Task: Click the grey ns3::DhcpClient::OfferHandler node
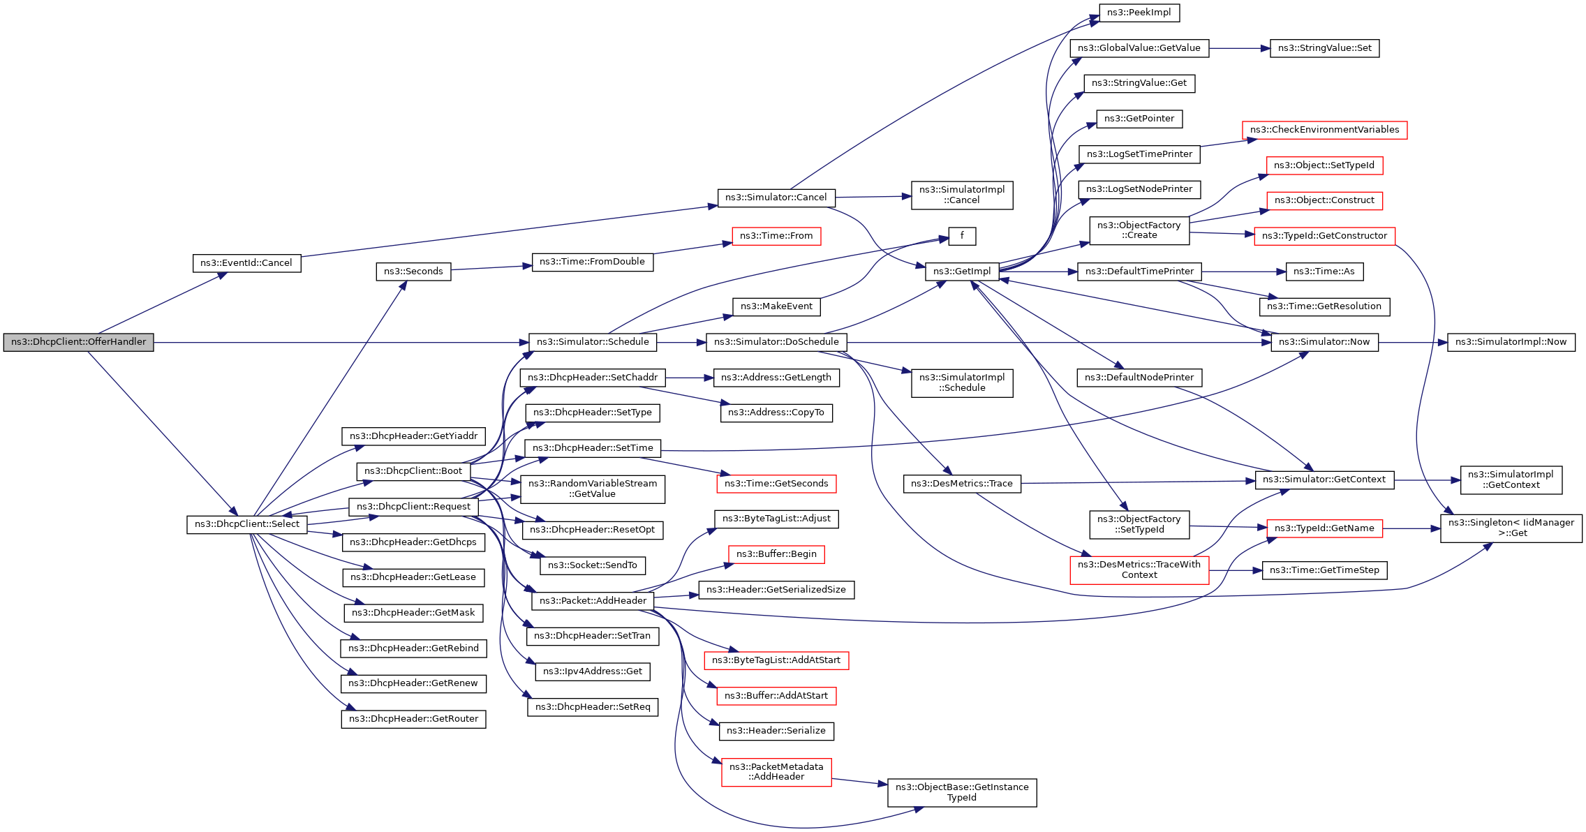(x=78, y=342)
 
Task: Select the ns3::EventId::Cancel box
(x=246, y=263)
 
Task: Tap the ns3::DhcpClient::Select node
(x=247, y=524)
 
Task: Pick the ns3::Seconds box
(x=413, y=272)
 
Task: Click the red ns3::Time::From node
(x=776, y=236)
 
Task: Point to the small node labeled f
(x=962, y=236)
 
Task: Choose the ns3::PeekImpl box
(x=1139, y=13)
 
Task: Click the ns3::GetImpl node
(x=962, y=272)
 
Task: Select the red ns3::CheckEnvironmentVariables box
(x=1325, y=130)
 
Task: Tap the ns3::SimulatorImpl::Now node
(x=1511, y=342)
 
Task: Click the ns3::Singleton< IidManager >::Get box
(x=1511, y=528)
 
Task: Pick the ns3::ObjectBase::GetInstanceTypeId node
(x=962, y=793)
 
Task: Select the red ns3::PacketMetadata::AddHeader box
(x=776, y=772)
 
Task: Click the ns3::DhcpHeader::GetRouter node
(x=413, y=719)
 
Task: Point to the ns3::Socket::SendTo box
(x=593, y=565)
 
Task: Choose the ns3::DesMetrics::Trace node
(x=962, y=484)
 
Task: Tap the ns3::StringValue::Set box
(x=1325, y=48)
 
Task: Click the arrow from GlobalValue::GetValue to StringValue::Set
(x=1240, y=48)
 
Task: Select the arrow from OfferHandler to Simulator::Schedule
(x=341, y=342)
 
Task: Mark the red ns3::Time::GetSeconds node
(x=776, y=484)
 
